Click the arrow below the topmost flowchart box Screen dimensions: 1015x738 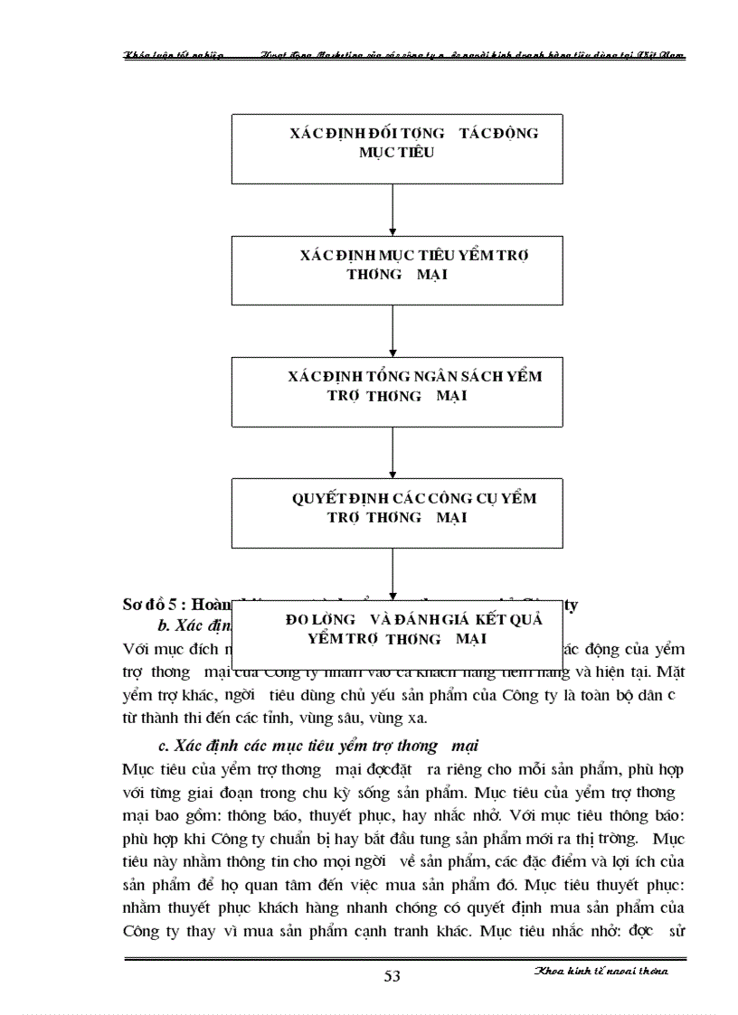393,211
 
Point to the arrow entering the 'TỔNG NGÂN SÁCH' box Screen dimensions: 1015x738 393,331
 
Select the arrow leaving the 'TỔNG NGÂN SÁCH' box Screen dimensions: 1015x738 393,453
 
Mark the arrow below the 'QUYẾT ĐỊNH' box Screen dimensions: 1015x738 393,575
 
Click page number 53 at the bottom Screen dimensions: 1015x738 393,974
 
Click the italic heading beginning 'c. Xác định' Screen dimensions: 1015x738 317,746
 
